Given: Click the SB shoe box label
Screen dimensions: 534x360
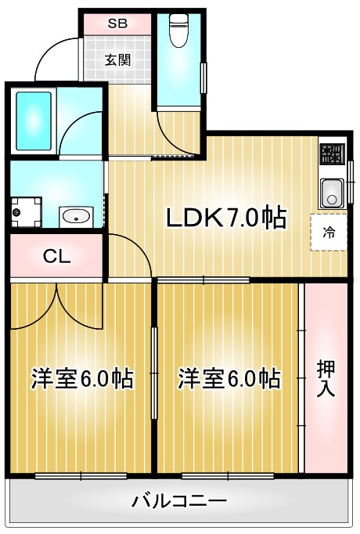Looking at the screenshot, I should point(118,23).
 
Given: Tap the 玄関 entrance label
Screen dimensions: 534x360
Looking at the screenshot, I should point(118,59).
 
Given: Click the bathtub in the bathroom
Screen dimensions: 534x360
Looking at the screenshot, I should point(34,121).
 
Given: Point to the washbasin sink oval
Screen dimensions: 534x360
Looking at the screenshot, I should point(77,217).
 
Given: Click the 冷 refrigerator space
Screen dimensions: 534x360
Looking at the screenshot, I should point(329,232).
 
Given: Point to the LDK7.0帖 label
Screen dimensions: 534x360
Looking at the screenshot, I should point(224,218).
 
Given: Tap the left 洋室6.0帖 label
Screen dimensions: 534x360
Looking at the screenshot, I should point(81,380).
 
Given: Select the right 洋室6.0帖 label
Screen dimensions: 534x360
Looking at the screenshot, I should point(229,380).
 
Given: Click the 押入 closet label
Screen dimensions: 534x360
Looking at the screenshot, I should point(326,378).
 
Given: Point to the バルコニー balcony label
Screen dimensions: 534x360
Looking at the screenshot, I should point(179,500).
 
